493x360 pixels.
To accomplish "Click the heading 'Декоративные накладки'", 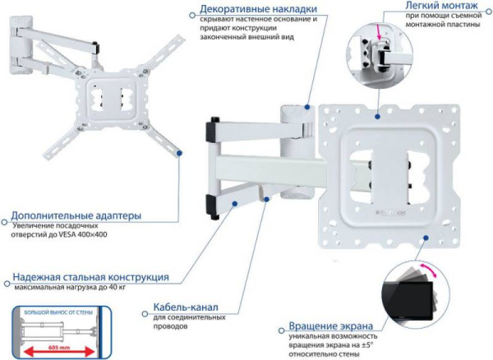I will point(258,9).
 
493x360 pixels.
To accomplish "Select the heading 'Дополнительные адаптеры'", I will point(76,216).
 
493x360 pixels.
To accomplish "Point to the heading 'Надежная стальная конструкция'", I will point(90,277).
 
